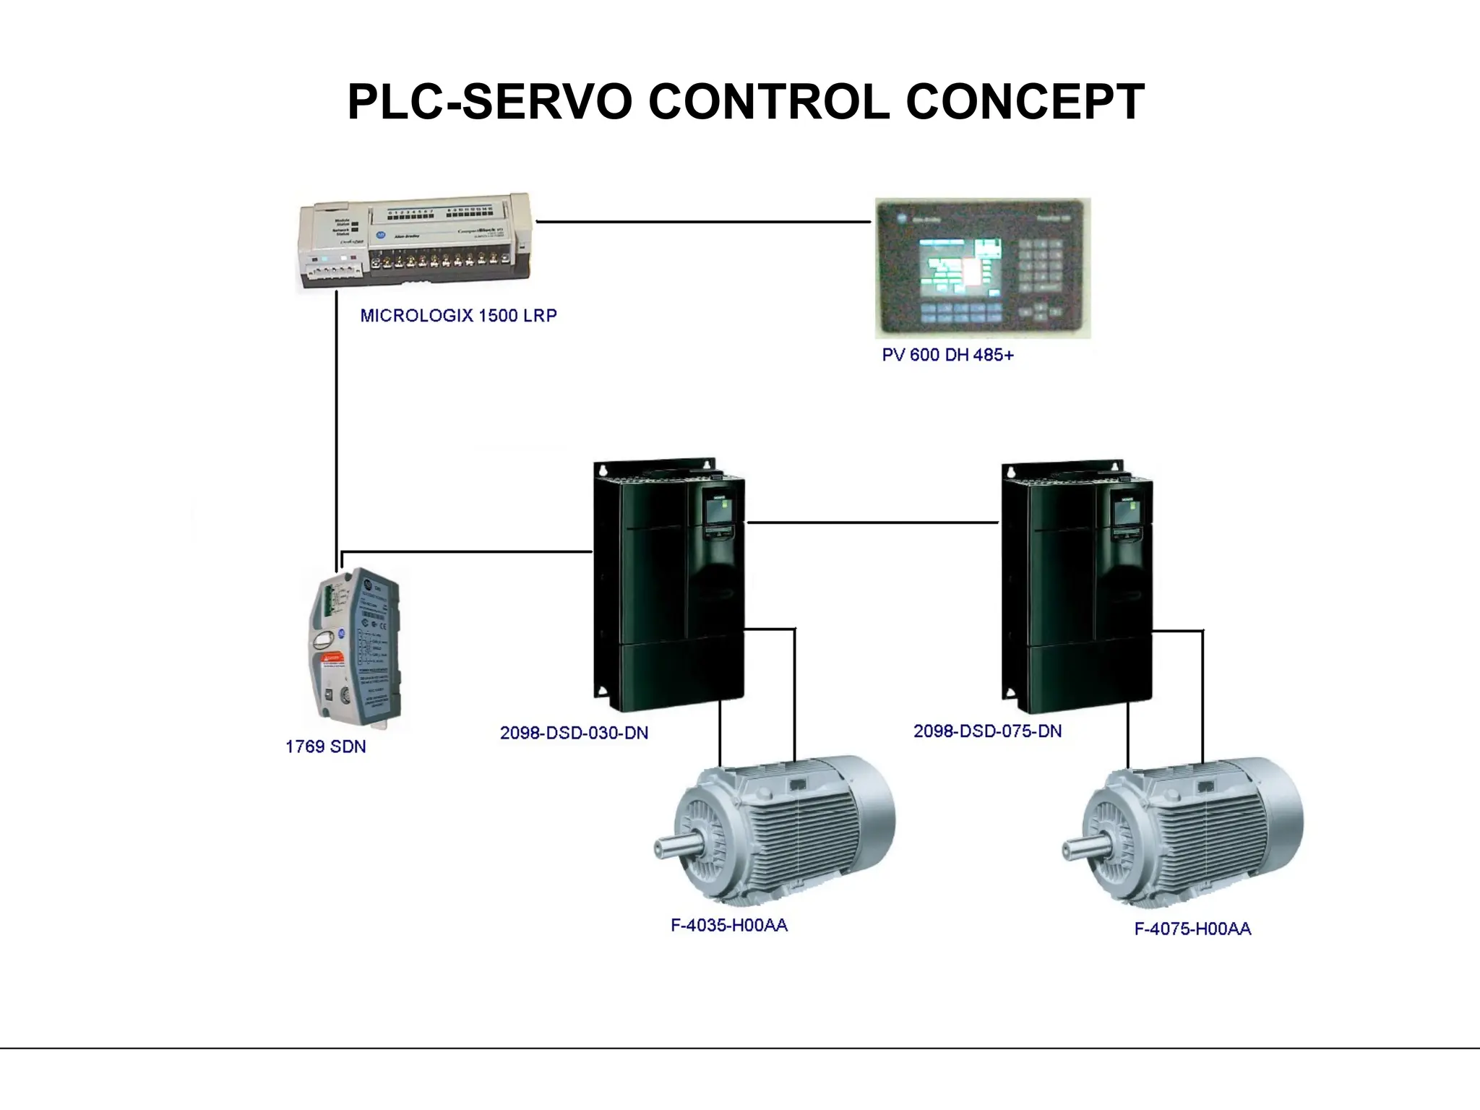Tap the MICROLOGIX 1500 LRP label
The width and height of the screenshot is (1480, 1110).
(458, 316)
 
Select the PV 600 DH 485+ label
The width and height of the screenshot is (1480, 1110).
(947, 355)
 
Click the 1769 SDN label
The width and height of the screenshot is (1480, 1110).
(325, 747)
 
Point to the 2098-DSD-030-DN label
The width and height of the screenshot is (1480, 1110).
(574, 733)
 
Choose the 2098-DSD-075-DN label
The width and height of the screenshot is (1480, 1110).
(987, 731)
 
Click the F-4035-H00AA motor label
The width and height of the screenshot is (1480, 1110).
(728, 925)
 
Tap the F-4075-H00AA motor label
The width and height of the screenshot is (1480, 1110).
(1192, 929)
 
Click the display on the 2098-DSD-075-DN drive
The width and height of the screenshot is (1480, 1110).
(1126, 512)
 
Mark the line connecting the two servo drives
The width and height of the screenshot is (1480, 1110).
(872, 522)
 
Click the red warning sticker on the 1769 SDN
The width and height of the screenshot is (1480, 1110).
(332, 658)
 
